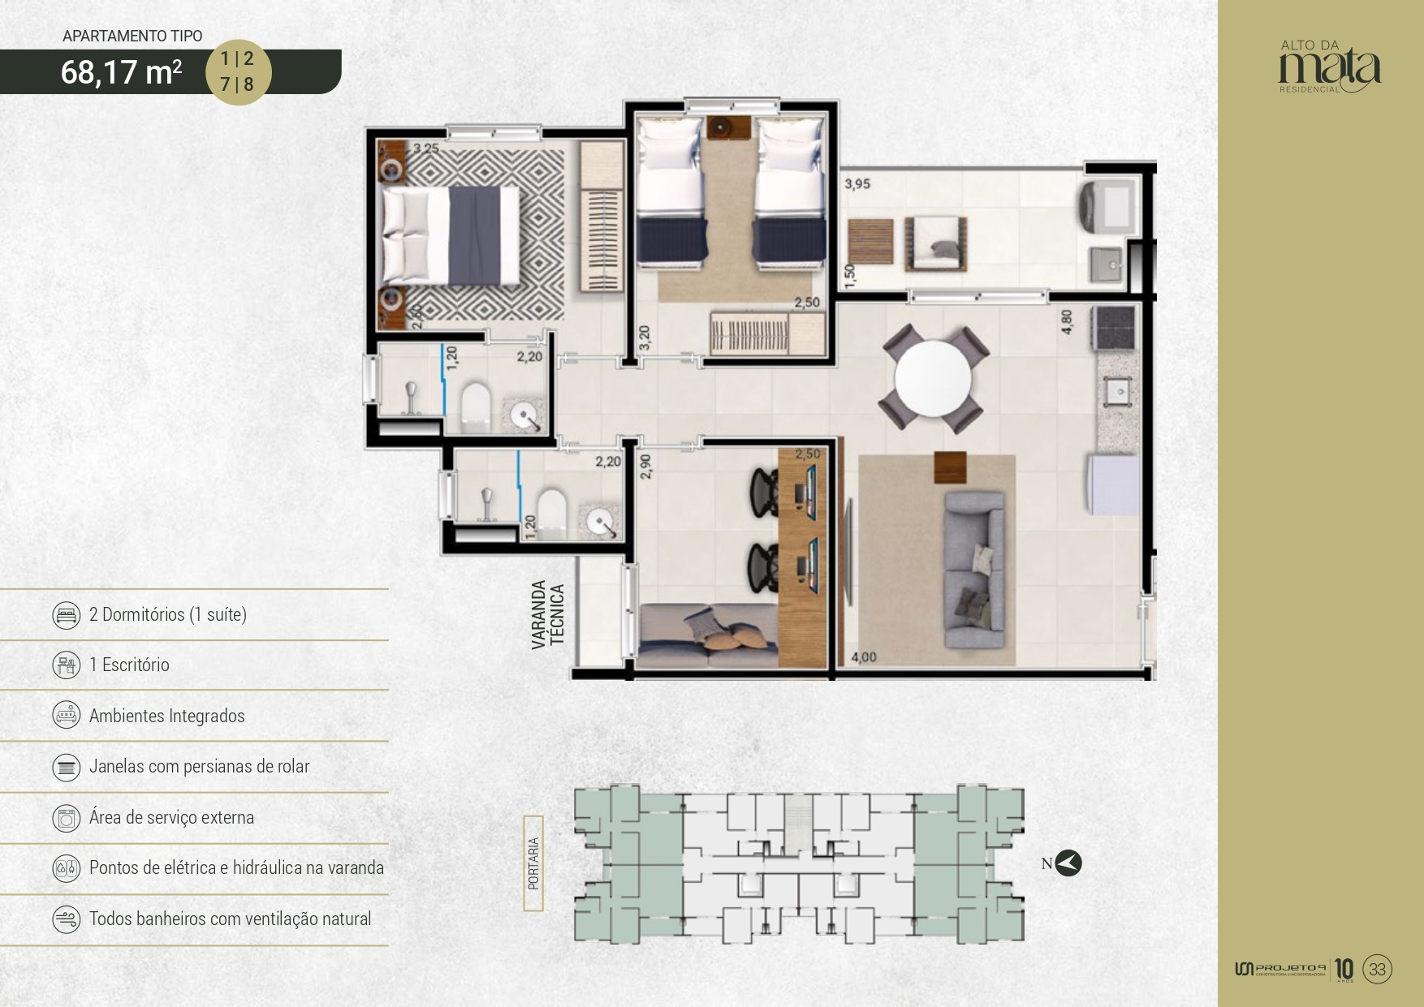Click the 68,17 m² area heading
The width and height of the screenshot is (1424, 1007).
(x=121, y=72)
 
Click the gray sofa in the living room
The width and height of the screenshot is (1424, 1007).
(x=973, y=569)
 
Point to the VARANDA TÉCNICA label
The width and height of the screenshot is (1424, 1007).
(x=548, y=614)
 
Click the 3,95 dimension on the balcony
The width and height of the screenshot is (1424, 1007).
(x=857, y=184)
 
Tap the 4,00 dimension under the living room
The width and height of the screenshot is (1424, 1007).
(x=863, y=657)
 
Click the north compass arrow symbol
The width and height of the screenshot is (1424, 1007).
(x=1068, y=863)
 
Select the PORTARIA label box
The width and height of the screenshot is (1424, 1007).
(x=533, y=863)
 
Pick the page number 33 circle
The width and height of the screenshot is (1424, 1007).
(x=1377, y=969)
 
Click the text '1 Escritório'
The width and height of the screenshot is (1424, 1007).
(x=129, y=665)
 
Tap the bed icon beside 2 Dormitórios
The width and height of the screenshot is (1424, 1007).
(x=67, y=615)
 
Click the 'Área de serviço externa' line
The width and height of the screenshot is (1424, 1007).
(x=171, y=817)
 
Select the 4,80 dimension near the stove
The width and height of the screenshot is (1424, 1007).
(x=1067, y=321)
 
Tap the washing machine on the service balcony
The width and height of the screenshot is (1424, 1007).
(x=1109, y=204)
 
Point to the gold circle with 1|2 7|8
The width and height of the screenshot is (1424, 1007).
(x=237, y=71)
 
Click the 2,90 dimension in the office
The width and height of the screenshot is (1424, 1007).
(x=645, y=466)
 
